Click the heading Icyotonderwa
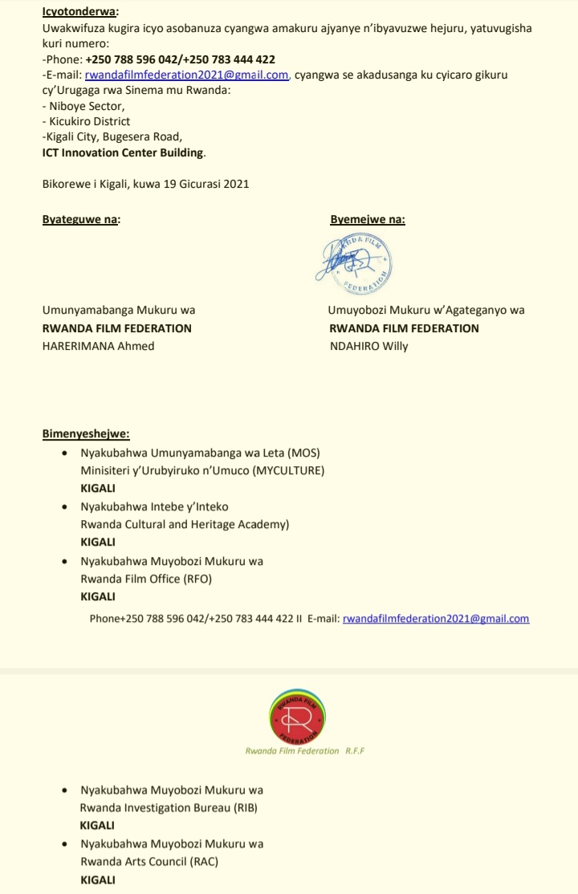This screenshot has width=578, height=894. point(79,11)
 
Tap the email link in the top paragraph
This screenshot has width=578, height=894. point(186,75)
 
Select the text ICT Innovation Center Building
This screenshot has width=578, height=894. point(124,152)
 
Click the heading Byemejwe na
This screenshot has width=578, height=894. point(367,219)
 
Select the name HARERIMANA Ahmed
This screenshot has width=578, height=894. point(98,346)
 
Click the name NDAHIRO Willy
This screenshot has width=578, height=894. point(368,346)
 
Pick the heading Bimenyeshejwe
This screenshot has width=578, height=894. point(86,434)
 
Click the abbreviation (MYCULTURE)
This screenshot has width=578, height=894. point(289,471)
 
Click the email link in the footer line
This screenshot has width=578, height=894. point(436,619)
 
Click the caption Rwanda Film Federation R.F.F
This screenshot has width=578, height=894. point(306,751)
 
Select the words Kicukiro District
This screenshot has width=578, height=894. point(88,120)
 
